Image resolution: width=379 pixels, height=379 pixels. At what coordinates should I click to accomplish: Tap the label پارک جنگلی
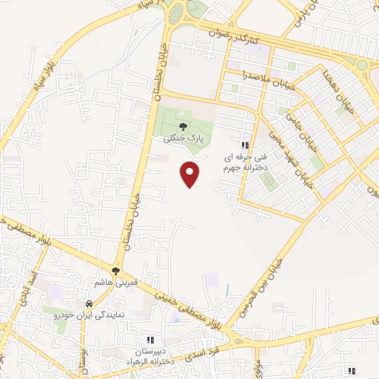[x=183, y=138]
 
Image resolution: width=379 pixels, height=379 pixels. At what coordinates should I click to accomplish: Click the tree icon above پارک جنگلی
[x=183, y=126]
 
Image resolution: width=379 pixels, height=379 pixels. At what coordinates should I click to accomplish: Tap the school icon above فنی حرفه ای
[x=245, y=145]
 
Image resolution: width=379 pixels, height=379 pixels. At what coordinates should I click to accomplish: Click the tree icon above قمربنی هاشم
[x=115, y=271]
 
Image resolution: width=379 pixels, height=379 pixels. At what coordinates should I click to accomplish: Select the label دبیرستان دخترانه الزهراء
[x=150, y=355]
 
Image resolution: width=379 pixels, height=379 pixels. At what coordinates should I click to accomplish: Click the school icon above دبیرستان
[x=150, y=339]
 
